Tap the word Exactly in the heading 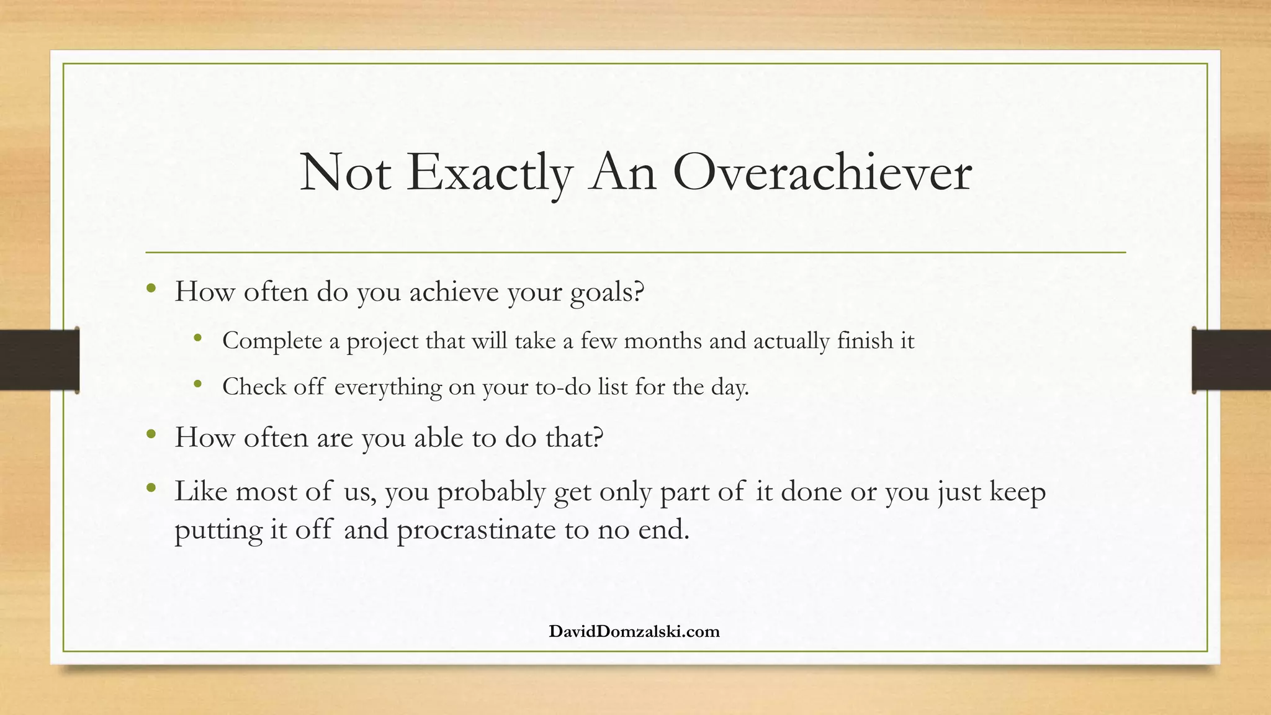(x=488, y=173)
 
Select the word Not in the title (x=345, y=173)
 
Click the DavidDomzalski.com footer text (x=634, y=632)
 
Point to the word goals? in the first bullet (x=608, y=292)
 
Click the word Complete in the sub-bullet (x=272, y=341)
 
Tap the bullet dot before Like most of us (x=151, y=488)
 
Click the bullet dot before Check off (x=198, y=385)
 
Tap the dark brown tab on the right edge (x=1231, y=360)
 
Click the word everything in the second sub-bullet (x=388, y=387)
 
